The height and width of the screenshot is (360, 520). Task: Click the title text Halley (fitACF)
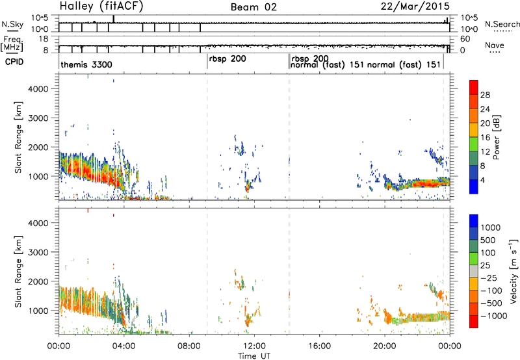coord(101,6)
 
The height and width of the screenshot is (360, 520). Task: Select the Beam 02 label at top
coord(253,7)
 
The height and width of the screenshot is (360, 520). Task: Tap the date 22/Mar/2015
coord(415,6)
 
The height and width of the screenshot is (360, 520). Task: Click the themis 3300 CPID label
coord(86,64)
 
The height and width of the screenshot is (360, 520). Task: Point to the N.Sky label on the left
coord(12,24)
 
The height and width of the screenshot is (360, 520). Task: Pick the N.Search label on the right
coord(502,24)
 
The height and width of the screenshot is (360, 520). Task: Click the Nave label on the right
coord(495,45)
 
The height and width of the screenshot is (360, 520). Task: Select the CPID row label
coord(14,62)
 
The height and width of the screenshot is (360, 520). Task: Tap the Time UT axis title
coord(254,355)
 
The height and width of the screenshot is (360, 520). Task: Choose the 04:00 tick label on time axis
coord(124,346)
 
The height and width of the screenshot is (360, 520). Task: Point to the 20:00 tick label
coord(385,346)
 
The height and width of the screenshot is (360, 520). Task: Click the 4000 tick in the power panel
coord(38,89)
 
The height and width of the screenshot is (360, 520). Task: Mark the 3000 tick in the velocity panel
coord(38,252)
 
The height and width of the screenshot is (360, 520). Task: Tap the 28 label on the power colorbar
coord(485,95)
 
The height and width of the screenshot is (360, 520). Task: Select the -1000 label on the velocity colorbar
coord(494,316)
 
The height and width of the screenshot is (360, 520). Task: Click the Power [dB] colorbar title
coord(496,137)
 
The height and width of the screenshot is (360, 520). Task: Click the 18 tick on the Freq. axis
coord(44,39)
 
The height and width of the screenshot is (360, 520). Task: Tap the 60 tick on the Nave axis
coord(465,39)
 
